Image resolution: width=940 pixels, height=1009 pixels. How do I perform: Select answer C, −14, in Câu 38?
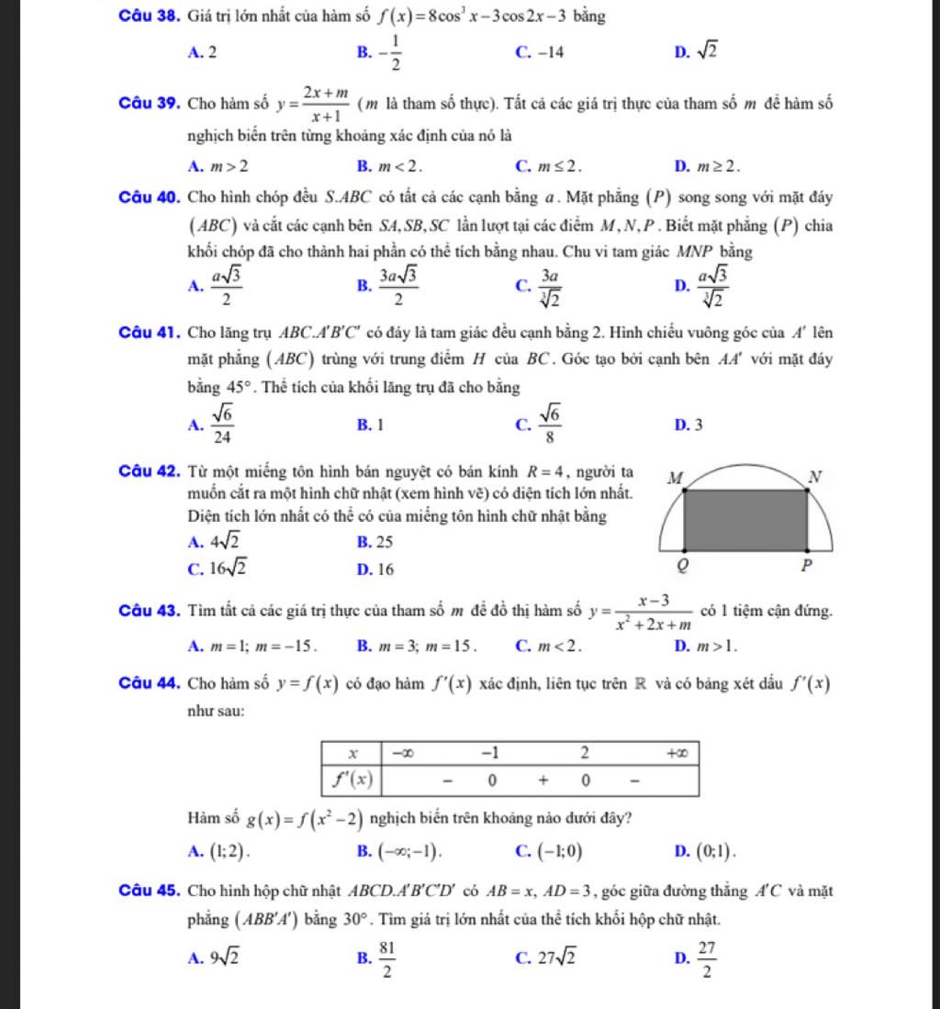(541, 53)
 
